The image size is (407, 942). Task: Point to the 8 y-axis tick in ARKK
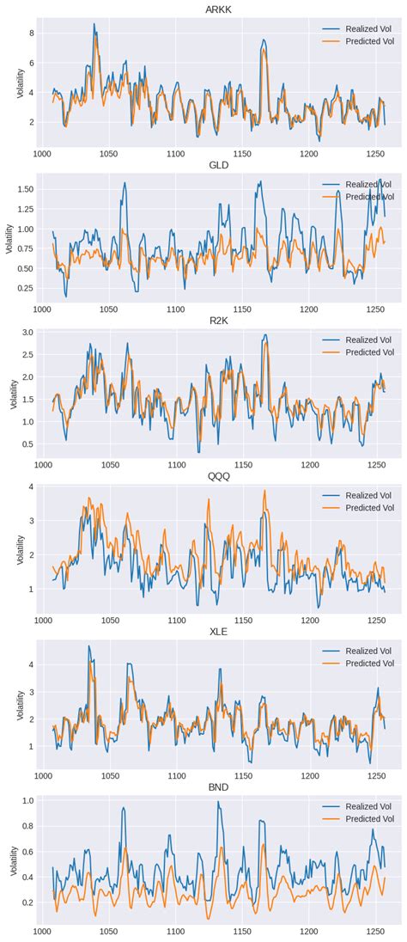pos(31,33)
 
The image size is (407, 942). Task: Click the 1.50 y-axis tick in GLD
pos(25,188)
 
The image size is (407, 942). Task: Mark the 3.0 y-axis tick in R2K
pos(27,332)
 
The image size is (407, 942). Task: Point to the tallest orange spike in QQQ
pos(264,491)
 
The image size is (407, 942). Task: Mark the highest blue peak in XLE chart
pos(88,646)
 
